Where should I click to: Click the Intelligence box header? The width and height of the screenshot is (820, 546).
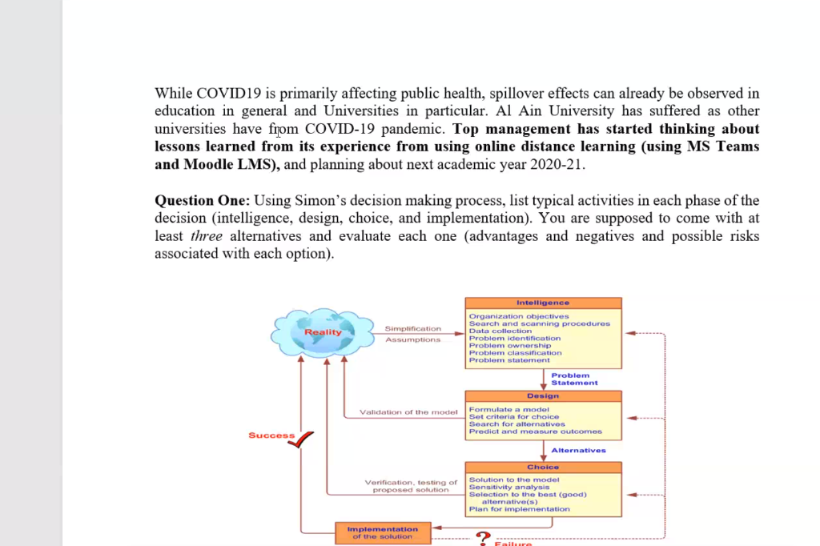pyautogui.click(x=543, y=303)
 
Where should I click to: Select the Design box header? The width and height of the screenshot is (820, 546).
pyautogui.click(x=543, y=395)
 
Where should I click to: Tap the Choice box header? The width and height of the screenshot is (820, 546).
pyautogui.click(x=543, y=467)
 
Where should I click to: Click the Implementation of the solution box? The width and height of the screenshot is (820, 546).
pyautogui.click(x=383, y=532)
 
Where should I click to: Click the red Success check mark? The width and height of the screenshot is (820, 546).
pyautogui.click(x=302, y=439)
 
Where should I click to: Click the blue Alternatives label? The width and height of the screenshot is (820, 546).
pyautogui.click(x=578, y=450)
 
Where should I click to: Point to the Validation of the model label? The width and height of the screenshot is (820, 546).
pyautogui.click(x=408, y=412)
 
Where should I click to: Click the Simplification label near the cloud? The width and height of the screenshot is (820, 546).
pyautogui.click(x=412, y=328)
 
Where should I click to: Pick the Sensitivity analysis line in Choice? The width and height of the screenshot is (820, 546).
pyautogui.click(x=509, y=487)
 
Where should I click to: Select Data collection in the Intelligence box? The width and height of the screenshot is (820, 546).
pyautogui.click(x=500, y=331)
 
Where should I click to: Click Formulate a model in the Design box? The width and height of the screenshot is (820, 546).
pyautogui.click(x=509, y=409)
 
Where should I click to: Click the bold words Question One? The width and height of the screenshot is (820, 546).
pyautogui.click(x=203, y=200)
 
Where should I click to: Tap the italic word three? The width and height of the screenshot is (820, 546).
pyautogui.click(x=206, y=236)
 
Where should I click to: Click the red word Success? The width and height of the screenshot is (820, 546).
pyautogui.click(x=271, y=436)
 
